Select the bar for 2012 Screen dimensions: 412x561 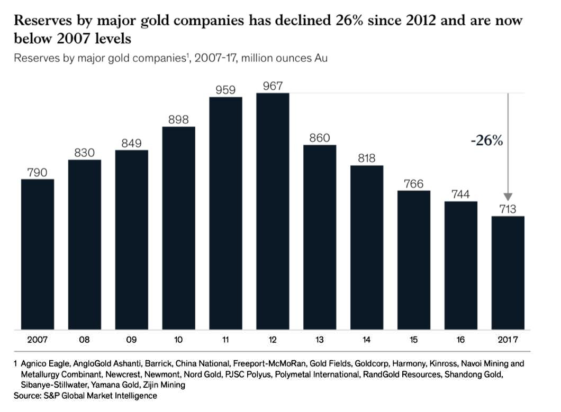pos(273,211)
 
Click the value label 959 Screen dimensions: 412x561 pos(225,90)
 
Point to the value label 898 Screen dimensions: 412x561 pos(178,119)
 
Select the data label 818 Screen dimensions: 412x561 pos(367,158)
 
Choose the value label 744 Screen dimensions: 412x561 pos(461,194)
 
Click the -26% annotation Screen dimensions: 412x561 pos(486,141)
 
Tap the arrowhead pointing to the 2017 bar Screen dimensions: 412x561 pos(508,196)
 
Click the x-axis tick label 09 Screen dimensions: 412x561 pos(131,340)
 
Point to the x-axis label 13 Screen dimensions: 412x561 pos(320,340)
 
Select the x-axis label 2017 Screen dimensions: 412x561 pos(508,340)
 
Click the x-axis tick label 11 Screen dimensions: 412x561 pos(225,340)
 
